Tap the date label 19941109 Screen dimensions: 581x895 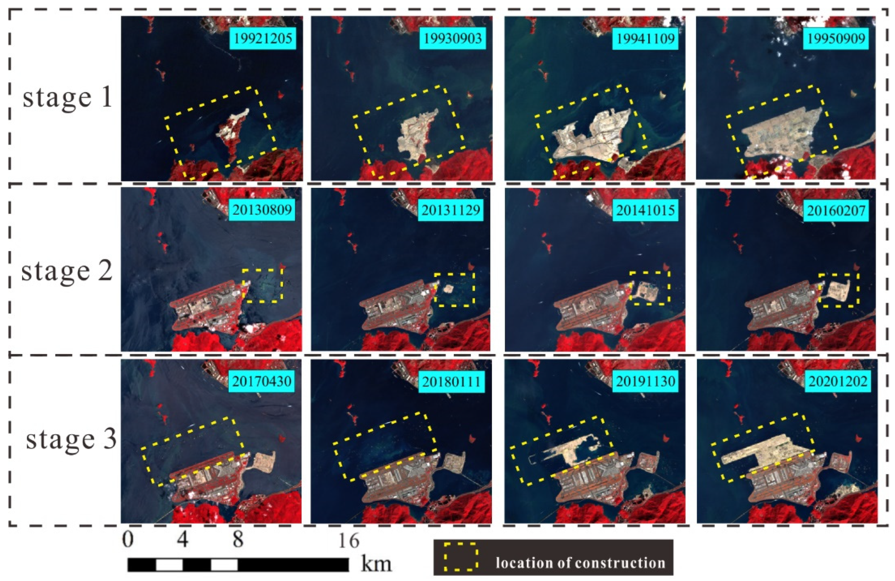click(x=645, y=38)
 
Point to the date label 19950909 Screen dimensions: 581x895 click(x=836, y=38)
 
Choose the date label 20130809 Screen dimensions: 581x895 click(x=262, y=210)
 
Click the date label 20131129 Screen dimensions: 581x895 click(x=451, y=210)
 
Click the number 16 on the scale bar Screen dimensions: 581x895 click(x=349, y=541)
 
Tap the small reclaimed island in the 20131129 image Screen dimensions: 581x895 click(x=448, y=289)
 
